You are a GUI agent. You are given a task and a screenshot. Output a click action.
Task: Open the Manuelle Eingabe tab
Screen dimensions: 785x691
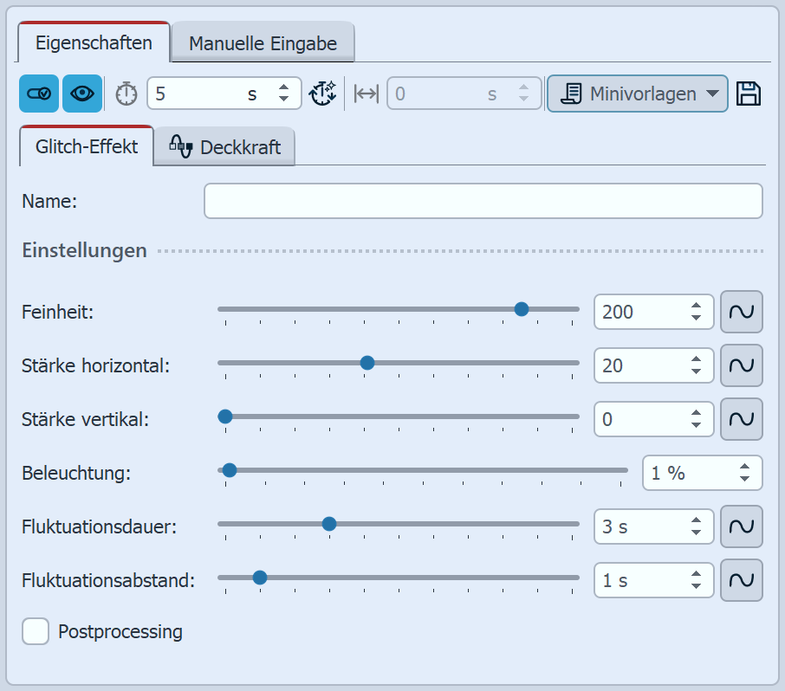[263, 42]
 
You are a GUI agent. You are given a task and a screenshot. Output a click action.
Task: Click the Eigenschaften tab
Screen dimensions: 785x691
[94, 42]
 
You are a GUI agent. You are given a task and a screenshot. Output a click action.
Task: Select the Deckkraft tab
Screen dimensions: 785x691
[224, 146]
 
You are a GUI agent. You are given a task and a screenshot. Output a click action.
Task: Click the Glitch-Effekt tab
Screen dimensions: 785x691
[87, 146]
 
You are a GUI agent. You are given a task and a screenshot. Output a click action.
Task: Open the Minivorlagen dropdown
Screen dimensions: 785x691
[638, 94]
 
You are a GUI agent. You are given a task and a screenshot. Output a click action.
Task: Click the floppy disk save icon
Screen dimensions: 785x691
[749, 94]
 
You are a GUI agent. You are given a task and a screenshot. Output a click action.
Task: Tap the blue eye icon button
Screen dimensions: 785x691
[82, 94]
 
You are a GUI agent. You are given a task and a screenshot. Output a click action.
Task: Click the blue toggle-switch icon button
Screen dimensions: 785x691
[39, 94]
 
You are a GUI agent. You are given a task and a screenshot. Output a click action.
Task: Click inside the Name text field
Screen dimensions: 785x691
[483, 201]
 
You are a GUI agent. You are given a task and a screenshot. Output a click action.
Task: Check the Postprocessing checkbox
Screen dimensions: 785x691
[36, 631]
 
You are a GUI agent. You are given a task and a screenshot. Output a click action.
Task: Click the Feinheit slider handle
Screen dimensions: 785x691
[522, 309]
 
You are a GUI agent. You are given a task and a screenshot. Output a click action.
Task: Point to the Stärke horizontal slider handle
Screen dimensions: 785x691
[367, 363]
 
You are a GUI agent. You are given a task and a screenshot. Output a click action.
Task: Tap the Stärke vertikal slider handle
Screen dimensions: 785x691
[225, 417]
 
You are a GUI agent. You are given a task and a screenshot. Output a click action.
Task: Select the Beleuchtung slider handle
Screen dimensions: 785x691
[230, 470]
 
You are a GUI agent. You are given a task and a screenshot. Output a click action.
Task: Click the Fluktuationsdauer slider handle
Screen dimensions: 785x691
[329, 524]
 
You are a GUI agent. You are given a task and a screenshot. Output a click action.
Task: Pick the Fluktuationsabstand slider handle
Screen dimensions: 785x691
[260, 578]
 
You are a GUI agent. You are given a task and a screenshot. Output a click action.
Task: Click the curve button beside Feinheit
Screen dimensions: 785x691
[742, 312]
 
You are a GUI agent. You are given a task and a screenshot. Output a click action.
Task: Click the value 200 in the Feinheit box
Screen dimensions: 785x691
[618, 312]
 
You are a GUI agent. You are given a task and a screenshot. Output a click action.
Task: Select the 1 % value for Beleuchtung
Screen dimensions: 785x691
[668, 473]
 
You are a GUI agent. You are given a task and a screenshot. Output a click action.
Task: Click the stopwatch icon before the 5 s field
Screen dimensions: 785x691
[127, 94]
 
